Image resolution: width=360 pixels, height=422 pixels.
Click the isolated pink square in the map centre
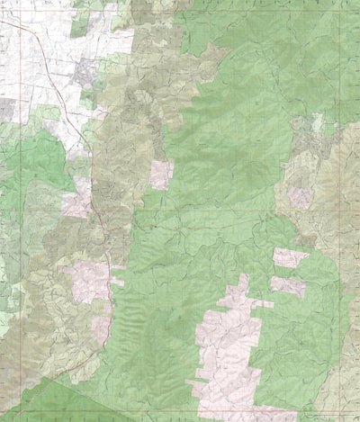[x=161, y=174]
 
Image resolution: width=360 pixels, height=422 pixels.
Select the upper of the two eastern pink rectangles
[x=290, y=258]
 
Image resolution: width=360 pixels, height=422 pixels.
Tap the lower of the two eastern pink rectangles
[x=288, y=285]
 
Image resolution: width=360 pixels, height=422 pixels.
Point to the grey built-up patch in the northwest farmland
[x=85, y=72]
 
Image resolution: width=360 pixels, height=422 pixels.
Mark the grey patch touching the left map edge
[x=7, y=110]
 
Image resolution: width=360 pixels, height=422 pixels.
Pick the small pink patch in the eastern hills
[x=301, y=196]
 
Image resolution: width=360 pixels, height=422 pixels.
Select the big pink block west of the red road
[x=85, y=281]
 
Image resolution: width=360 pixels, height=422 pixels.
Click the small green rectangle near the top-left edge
[x=79, y=24]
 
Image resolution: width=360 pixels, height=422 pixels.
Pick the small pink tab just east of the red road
[x=117, y=282]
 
